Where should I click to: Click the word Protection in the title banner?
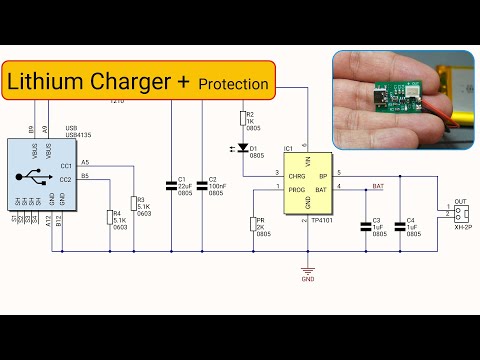[233, 84]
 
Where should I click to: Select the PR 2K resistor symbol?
[251, 225]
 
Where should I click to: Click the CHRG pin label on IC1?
[296, 173]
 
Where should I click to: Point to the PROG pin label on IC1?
[296, 188]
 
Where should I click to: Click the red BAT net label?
[377, 186]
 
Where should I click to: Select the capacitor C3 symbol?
[366, 225]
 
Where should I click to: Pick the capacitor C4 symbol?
[400, 225]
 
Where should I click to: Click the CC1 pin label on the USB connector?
[65, 165]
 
